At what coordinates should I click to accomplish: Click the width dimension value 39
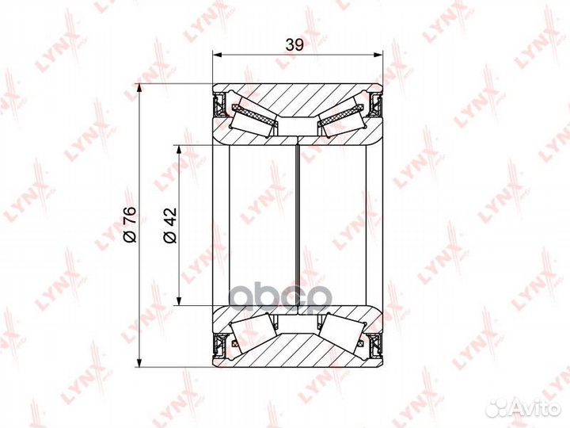(294, 45)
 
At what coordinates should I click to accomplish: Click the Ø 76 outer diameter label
(131, 226)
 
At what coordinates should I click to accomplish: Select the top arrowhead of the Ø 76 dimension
(139, 89)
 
